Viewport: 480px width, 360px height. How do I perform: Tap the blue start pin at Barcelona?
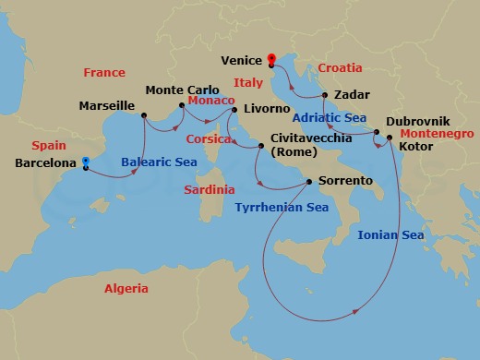85,162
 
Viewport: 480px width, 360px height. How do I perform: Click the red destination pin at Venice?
271,60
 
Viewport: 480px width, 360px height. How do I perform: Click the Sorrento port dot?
309,181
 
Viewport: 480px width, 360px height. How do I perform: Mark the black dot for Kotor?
390,138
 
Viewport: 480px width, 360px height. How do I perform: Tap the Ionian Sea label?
390,236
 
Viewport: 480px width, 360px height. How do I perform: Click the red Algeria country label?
126,289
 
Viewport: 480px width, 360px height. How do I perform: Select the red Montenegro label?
438,134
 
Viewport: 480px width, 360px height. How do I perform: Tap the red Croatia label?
339,68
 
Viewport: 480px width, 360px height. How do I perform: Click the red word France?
104,72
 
